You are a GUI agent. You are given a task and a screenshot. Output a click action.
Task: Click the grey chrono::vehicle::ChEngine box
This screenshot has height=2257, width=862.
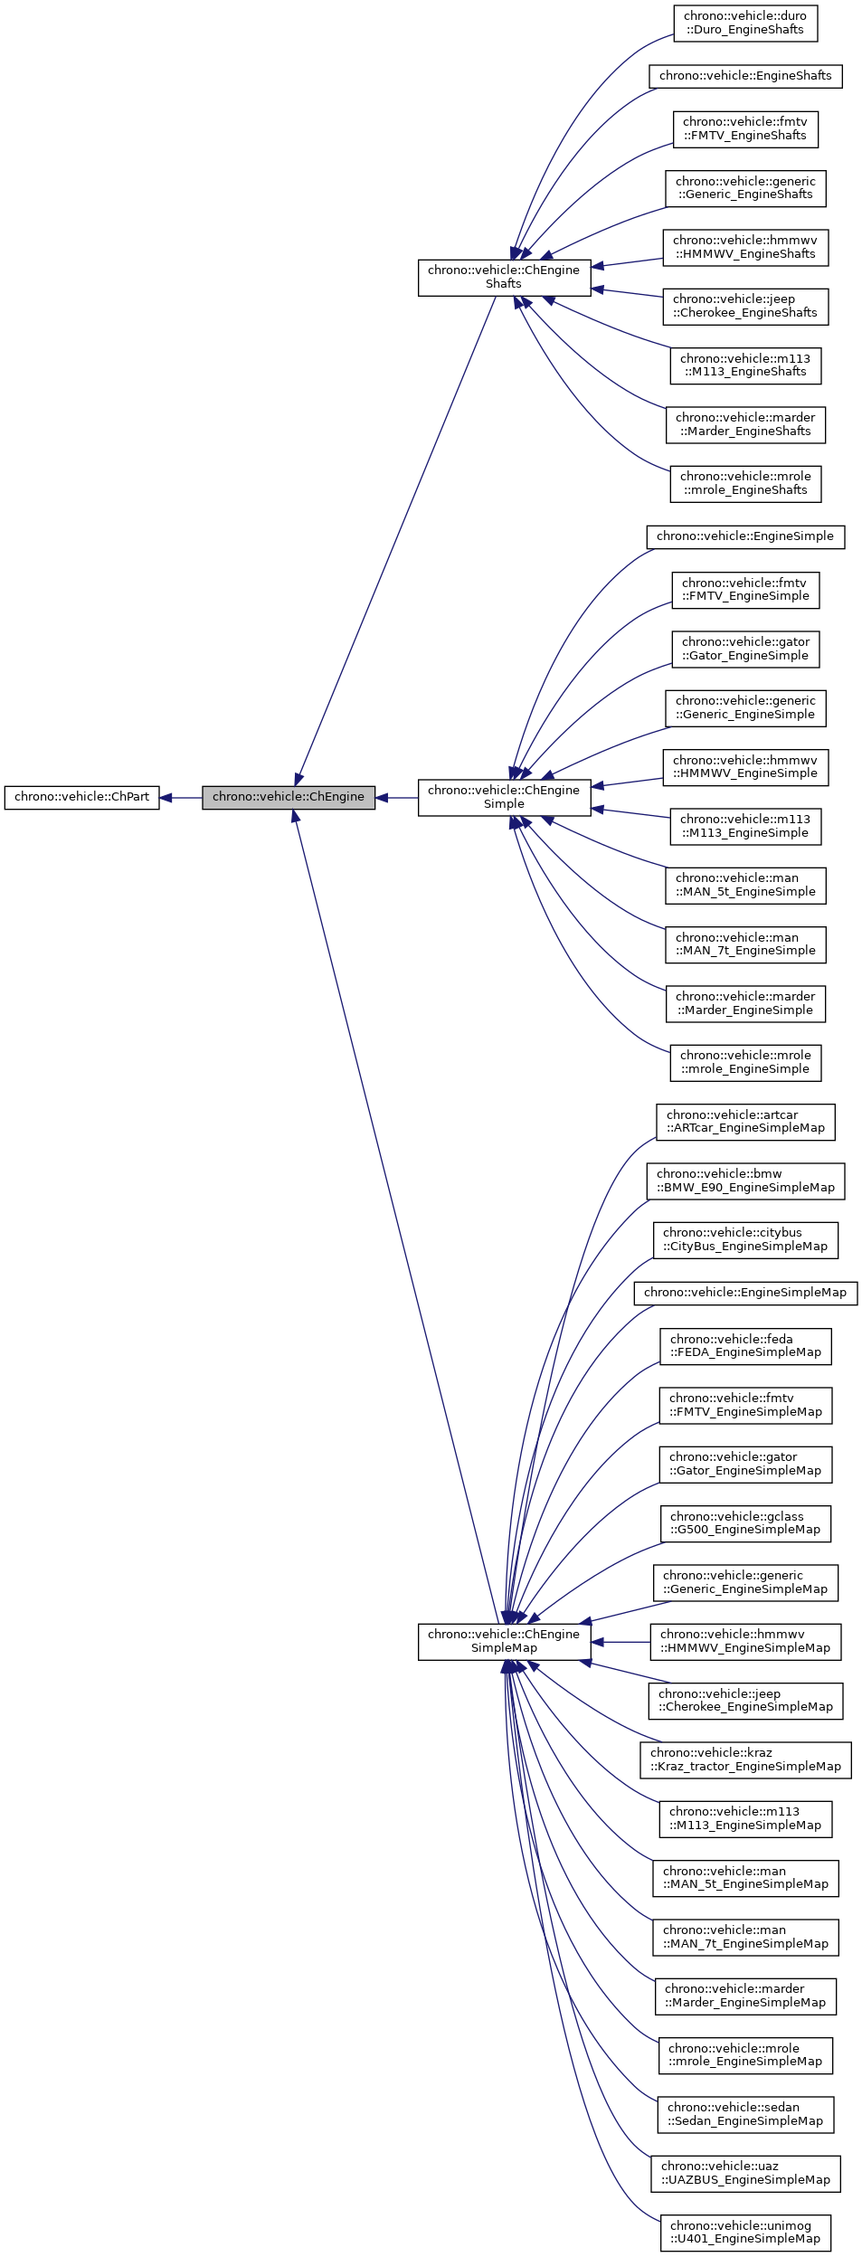288,797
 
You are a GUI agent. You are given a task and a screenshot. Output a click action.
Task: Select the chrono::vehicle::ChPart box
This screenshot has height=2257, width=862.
81,797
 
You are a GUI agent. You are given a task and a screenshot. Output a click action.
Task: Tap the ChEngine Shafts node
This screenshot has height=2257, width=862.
504,277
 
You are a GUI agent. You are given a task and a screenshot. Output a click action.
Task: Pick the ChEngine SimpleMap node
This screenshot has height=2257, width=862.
504,1641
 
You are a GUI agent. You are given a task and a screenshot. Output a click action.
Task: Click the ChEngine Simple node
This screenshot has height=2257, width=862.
504,797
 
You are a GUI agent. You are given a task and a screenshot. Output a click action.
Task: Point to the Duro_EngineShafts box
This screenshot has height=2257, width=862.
745,23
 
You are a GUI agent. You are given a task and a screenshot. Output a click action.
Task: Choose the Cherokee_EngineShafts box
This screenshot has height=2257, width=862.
745,306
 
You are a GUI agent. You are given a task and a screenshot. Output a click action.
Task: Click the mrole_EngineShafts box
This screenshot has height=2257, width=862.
745,483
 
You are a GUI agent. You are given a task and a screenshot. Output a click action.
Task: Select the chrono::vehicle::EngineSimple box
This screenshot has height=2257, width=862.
745,536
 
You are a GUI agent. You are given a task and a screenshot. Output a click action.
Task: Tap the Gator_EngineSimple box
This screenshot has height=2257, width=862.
745,649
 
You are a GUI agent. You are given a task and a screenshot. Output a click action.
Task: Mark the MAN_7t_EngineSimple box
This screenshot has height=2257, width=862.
745,944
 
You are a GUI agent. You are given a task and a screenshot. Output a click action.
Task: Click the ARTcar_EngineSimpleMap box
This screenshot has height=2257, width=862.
745,1121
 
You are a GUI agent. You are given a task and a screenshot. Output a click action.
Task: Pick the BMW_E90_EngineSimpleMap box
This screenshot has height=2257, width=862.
745,1181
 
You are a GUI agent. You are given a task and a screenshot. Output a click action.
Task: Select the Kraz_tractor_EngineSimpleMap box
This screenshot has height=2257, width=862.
745,1759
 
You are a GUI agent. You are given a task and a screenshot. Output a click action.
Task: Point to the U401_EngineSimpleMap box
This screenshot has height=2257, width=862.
745,2232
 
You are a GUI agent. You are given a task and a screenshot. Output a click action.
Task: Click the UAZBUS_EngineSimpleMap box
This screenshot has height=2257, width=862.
745,2173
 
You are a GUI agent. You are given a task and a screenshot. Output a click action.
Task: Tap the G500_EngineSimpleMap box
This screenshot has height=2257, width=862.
745,1522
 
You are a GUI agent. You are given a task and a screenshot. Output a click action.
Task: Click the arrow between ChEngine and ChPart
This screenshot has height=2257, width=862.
180,798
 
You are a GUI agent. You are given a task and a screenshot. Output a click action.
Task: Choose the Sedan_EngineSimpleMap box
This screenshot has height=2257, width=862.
745,2114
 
